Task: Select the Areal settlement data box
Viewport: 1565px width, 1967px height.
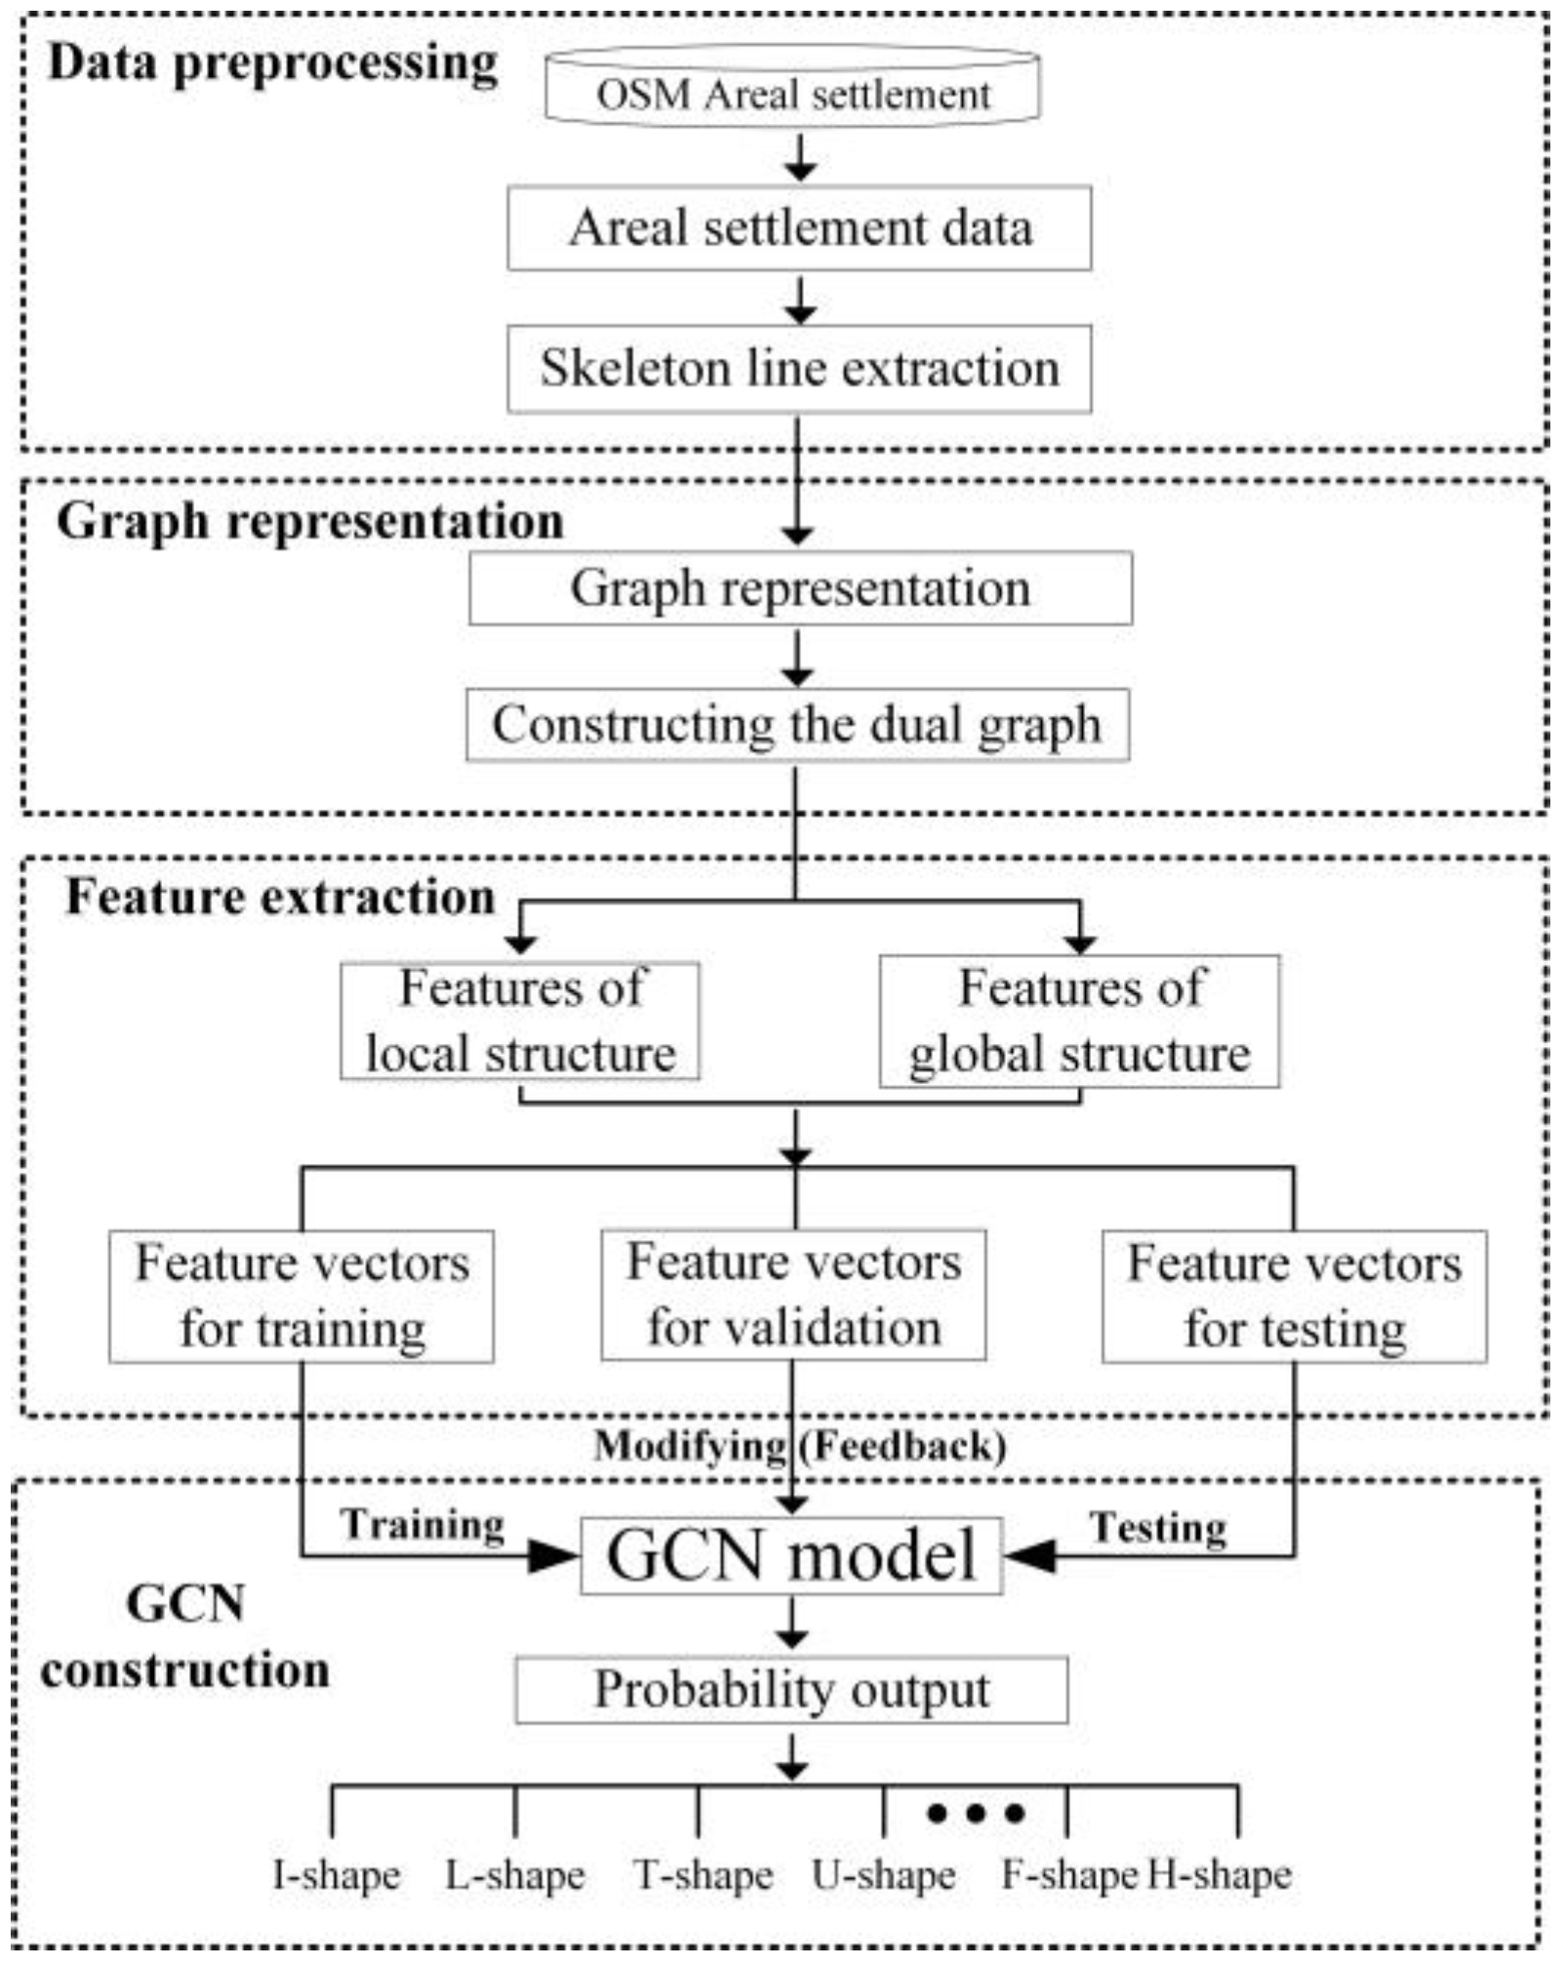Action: (x=799, y=228)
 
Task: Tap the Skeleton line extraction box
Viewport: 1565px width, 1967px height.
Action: (x=799, y=369)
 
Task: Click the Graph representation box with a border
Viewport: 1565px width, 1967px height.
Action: (x=800, y=588)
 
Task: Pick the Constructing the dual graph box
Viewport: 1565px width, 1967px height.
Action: (x=797, y=725)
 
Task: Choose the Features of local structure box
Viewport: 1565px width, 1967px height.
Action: (x=520, y=1021)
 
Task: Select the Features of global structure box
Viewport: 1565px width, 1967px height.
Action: (x=1079, y=1021)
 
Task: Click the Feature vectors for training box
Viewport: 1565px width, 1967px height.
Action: (x=301, y=1296)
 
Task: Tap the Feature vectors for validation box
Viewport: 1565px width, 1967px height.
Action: (x=793, y=1295)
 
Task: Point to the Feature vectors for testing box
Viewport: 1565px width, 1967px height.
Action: (x=1295, y=1296)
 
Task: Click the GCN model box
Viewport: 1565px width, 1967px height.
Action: (x=791, y=1555)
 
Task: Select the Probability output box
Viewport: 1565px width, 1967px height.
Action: (x=791, y=1690)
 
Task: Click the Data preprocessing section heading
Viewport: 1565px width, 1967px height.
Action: (x=273, y=63)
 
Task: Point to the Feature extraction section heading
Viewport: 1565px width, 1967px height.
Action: (x=280, y=898)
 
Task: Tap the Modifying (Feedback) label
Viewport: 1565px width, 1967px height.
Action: (x=800, y=1446)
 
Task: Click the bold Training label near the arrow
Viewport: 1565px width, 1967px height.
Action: (x=422, y=1525)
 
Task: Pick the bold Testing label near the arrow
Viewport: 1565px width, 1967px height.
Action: (x=1158, y=1528)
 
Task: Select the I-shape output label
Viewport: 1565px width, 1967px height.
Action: (x=337, y=1874)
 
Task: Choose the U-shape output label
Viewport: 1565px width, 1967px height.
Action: (x=884, y=1874)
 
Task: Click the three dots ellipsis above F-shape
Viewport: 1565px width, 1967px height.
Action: (x=975, y=1814)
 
